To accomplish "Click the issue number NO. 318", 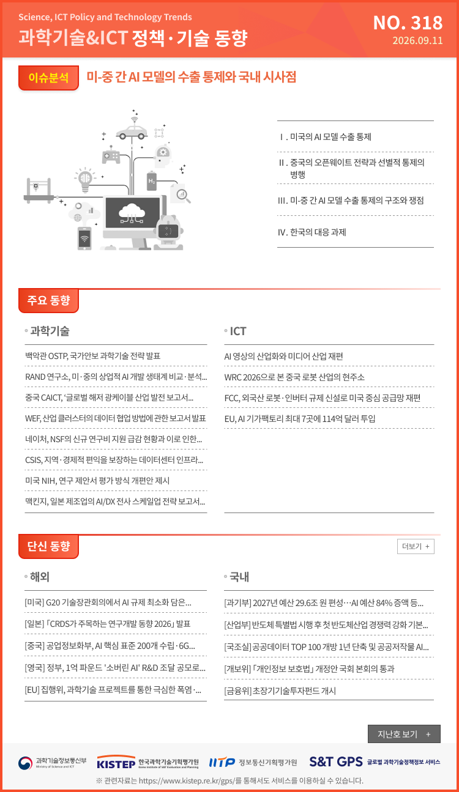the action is (408, 23).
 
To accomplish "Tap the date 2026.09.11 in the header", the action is (417, 40).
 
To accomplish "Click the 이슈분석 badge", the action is (48, 78).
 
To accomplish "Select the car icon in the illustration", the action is (132, 133).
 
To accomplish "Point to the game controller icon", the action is (111, 157).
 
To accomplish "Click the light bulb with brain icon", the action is (85, 179).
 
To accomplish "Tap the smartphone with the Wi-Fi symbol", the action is (84, 239).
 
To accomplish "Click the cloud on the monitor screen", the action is (132, 211).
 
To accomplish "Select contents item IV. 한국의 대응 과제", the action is (312, 232).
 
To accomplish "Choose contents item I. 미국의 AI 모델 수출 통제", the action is (325, 137).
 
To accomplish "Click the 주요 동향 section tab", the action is (48, 300).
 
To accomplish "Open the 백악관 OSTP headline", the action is (93, 356).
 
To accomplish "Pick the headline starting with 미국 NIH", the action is (97, 481).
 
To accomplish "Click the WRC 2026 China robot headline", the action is (294, 377).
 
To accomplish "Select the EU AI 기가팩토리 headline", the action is (300, 418).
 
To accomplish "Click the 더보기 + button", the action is (416, 546).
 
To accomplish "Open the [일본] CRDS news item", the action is (108, 623).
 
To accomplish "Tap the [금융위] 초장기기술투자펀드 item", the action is (280, 690).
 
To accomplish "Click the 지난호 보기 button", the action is (404, 734).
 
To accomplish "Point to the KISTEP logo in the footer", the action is (147, 763).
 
